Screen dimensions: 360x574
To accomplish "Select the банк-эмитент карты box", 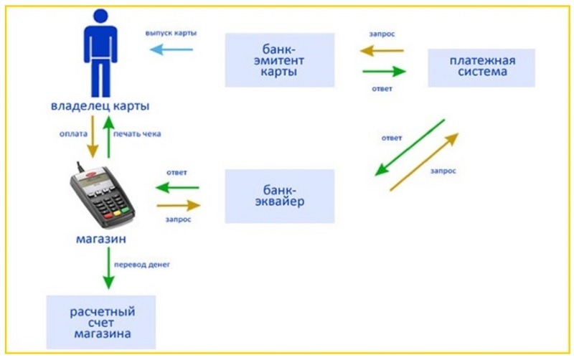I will pyautogui.click(x=279, y=60).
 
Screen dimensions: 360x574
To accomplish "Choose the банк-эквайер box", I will pyautogui.click(x=279, y=196).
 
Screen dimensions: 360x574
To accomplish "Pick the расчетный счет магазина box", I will pyautogui.click(x=101, y=322).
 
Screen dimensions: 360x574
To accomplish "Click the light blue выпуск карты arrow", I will pyautogui.click(x=172, y=49).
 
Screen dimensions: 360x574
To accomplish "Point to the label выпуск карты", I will pyautogui.click(x=171, y=34).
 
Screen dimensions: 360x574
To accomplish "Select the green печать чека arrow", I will pyautogui.click(x=110, y=138).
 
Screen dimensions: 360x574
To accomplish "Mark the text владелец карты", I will pyautogui.click(x=100, y=106).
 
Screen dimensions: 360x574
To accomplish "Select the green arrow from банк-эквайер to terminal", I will pyautogui.click(x=177, y=188).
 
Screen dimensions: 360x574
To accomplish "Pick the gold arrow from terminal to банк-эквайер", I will pyautogui.click(x=177, y=205).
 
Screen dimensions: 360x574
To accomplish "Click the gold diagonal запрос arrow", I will pyautogui.click(x=423, y=161).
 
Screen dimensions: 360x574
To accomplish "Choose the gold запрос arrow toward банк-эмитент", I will pyautogui.click(x=382, y=51).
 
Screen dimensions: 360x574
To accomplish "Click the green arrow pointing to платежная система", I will pyautogui.click(x=384, y=71).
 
